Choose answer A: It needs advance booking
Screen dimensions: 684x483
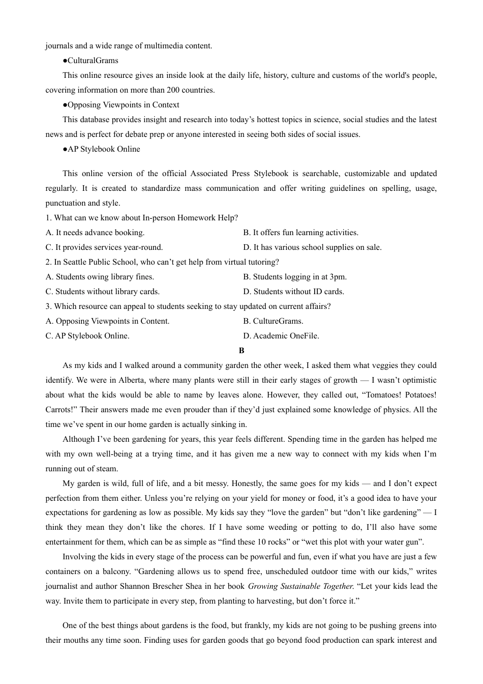[x=95, y=233]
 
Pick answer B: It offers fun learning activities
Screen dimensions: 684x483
[x=300, y=233]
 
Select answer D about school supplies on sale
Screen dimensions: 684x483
[x=312, y=247]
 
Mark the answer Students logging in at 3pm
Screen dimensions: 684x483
[x=295, y=277]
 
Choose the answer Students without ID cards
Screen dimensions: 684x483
[x=293, y=292]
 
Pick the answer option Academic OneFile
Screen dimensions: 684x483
[x=281, y=336]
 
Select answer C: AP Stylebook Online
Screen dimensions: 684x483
[x=87, y=336]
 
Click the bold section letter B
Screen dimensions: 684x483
[x=242, y=351]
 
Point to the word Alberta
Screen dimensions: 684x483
[x=132, y=380]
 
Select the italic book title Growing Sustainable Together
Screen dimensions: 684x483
[x=300, y=586]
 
